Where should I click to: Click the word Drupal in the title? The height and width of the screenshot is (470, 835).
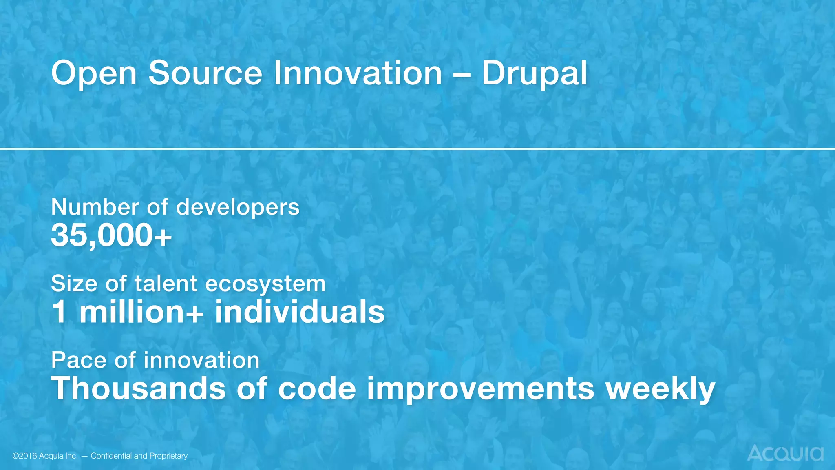(x=534, y=73)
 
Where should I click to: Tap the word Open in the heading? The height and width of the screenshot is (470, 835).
(x=94, y=73)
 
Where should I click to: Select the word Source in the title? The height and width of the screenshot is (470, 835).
(x=205, y=73)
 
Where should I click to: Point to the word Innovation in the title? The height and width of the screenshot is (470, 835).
(x=358, y=73)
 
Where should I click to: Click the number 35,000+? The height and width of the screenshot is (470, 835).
(x=111, y=236)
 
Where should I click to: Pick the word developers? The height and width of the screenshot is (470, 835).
(x=238, y=207)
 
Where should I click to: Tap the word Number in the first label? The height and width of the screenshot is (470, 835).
(x=95, y=207)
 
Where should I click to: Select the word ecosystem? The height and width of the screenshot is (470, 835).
(x=265, y=284)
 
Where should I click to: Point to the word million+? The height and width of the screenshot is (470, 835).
(x=141, y=312)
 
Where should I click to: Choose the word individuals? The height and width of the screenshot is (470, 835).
(x=300, y=312)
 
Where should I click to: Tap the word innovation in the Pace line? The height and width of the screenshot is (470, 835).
(x=201, y=360)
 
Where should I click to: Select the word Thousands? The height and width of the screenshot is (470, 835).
(x=138, y=388)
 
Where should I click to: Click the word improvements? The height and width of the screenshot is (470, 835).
(x=480, y=388)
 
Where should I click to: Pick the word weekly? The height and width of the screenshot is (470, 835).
(x=660, y=388)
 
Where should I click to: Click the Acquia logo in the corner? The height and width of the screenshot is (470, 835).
(x=785, y=453)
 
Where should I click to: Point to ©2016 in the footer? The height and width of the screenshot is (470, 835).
(x=24, y=456)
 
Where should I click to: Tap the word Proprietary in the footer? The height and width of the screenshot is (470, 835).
(x=168, y=456)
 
